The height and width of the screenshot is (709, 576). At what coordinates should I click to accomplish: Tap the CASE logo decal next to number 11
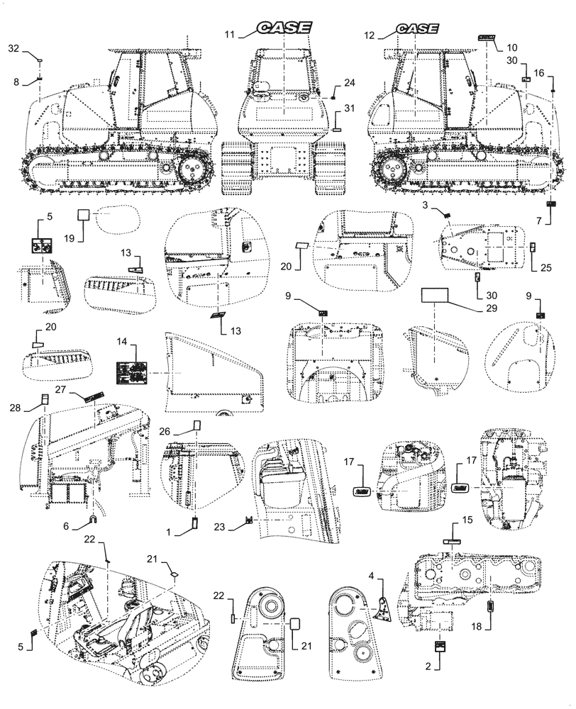point(284,28)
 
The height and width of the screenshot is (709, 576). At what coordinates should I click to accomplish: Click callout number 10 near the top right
point(511,48)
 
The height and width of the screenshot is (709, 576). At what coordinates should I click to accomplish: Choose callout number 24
point(349,83)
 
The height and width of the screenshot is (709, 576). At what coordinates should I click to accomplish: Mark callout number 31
point(349,107)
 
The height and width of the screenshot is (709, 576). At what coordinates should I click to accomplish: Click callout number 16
point(539,73)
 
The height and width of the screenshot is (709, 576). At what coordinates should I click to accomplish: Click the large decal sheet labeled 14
point(132,370)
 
